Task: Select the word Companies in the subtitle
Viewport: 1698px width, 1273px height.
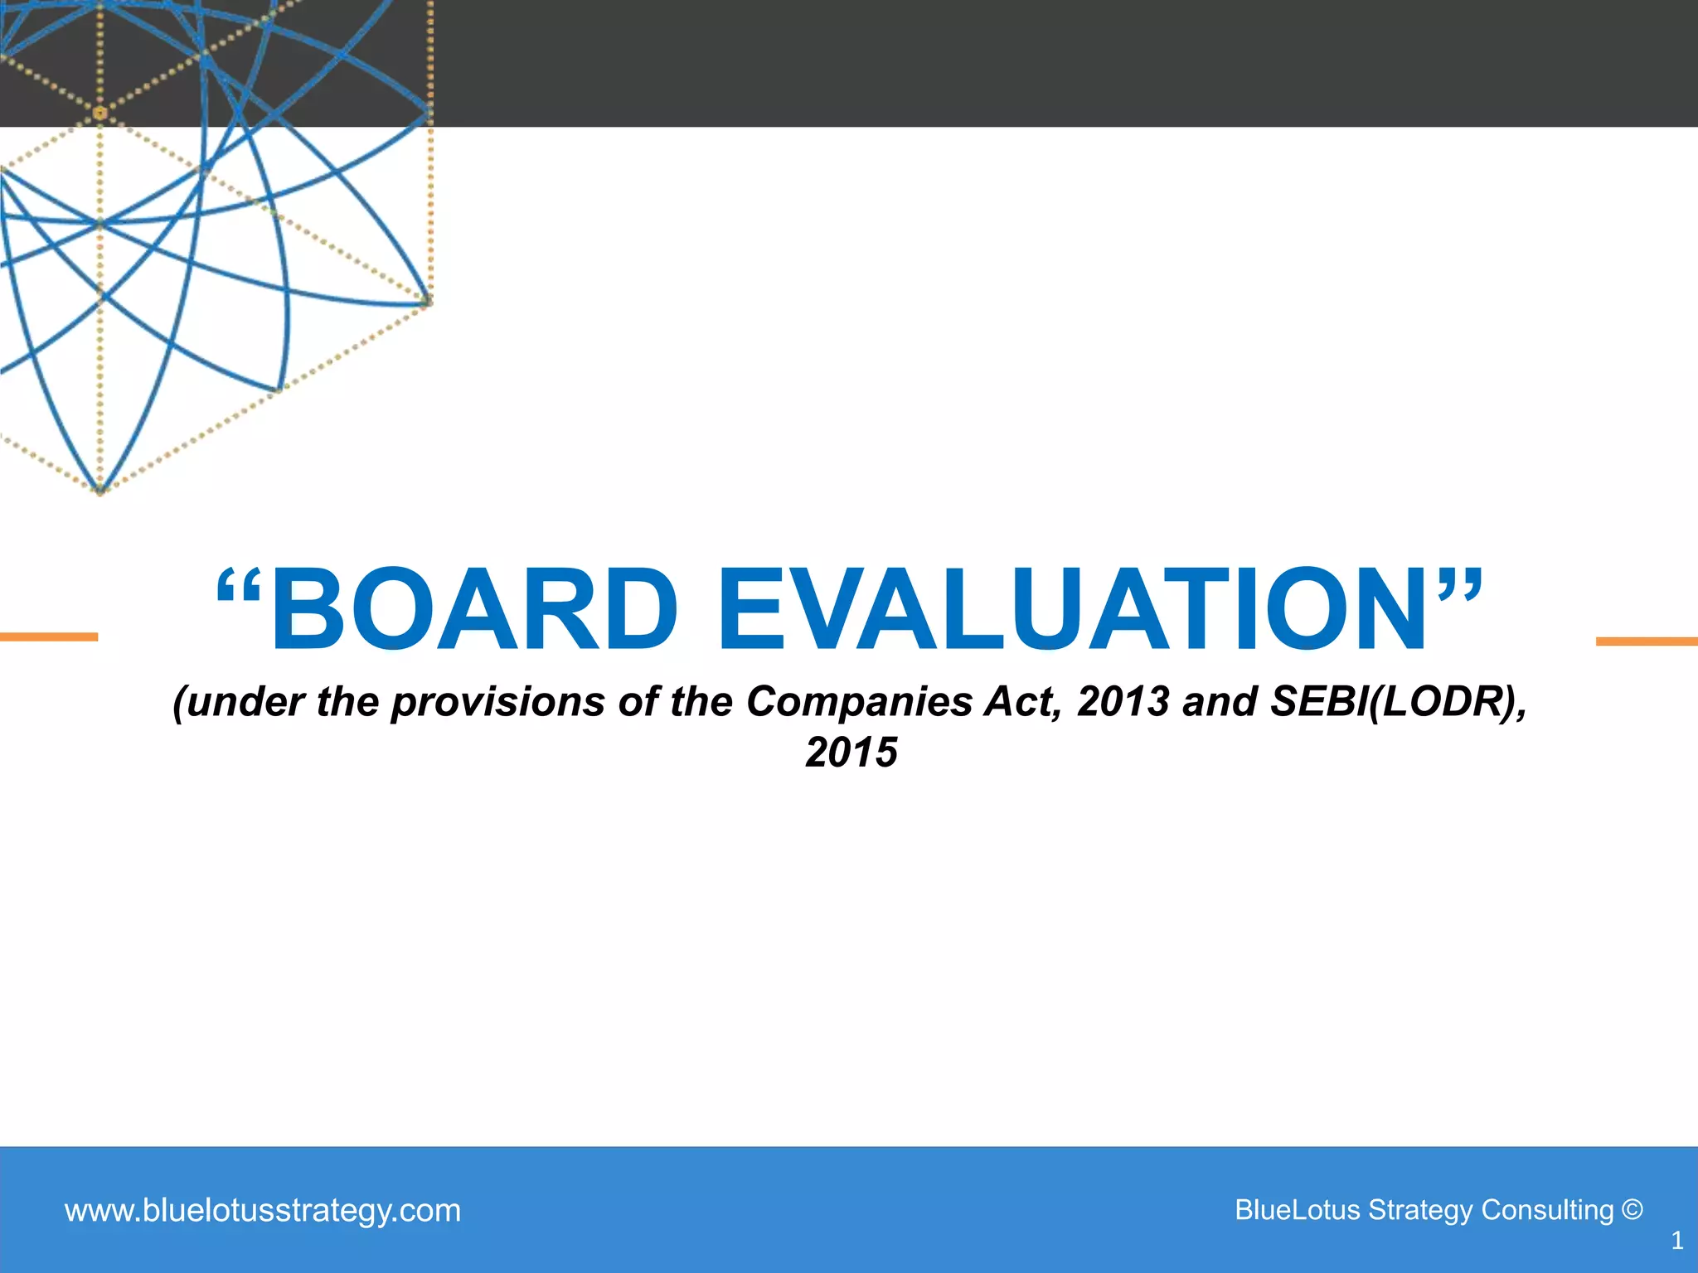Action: pos(859,702)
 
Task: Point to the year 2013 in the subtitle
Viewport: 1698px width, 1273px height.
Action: pos(1123,702)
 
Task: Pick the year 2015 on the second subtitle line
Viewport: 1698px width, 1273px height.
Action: pos(851,753)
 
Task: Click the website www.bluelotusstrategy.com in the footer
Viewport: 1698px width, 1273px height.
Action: pos(262,1211)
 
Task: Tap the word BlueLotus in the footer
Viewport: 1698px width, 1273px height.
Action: pos(1298,1210)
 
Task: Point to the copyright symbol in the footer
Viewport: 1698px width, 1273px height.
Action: pos(1632,1210)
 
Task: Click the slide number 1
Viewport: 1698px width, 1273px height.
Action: pos(1676,1241)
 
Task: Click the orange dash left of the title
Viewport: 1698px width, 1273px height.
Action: pos(49,636)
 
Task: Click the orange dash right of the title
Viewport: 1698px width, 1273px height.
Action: pos(1647,641)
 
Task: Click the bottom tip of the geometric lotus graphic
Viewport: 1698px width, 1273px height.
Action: pos(100,492)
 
